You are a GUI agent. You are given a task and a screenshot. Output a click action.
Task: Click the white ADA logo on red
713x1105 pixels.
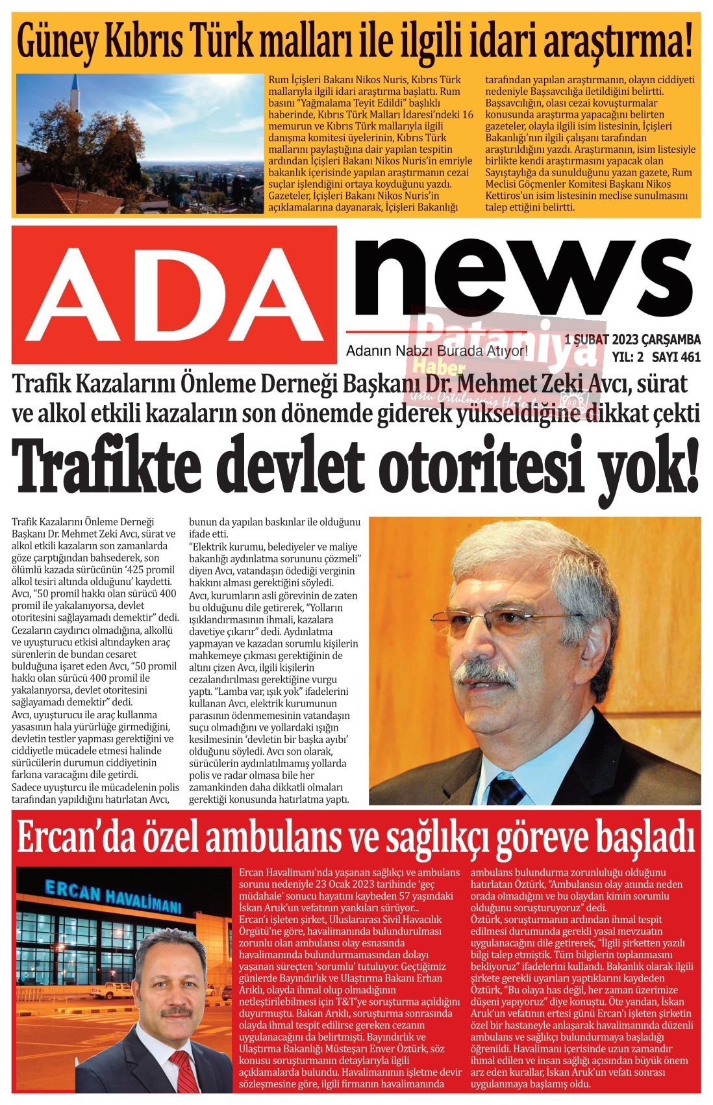[174, 294]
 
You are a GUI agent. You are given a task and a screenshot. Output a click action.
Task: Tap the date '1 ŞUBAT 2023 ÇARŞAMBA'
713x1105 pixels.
[632, 340]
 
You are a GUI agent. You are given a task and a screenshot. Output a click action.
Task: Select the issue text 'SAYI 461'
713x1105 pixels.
[676, 357]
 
